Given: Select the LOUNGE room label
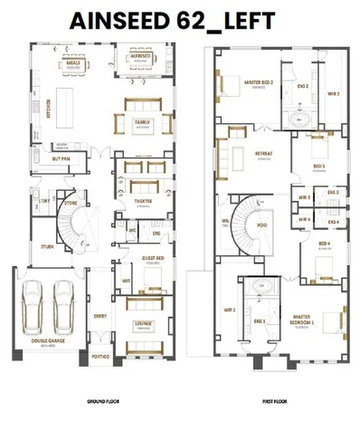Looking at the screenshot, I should coord(142,321).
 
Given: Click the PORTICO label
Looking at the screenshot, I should coord(102,357).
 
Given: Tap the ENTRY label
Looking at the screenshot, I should coord(101,316).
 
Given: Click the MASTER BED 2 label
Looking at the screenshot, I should coord(260,82).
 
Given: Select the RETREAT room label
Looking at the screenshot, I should coord(264,154).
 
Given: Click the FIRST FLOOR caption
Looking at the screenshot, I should coord(273,400).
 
